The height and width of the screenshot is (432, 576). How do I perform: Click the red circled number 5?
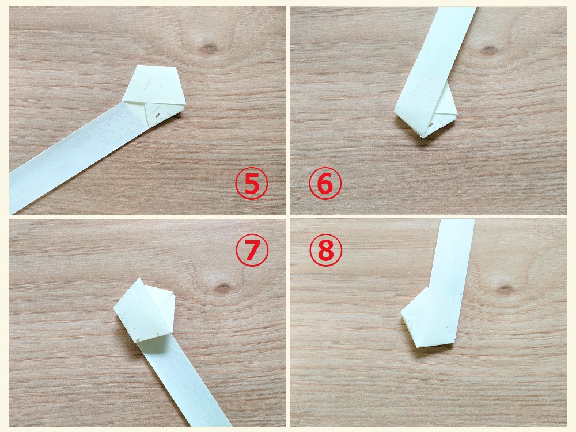[252, 184]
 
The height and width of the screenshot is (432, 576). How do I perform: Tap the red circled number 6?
[325, 184]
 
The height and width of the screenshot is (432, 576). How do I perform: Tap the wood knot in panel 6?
[488, 49]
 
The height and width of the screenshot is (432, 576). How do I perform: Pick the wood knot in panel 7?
[222, 287]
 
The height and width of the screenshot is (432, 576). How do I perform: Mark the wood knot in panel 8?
[506, 289]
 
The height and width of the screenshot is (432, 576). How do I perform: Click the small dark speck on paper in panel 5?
[158, 117]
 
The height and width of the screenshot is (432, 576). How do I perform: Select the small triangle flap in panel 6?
[445, 105]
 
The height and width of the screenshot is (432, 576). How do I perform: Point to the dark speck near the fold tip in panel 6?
[431, 124]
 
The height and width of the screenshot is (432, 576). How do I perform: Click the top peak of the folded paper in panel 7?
[141, 278]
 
